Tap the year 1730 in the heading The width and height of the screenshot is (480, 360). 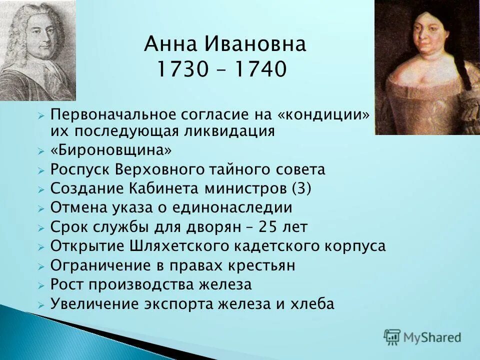(x=182, y=70)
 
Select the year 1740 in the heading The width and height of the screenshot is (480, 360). (x=261, y=70)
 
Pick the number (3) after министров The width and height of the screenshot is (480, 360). (x=301, y=189)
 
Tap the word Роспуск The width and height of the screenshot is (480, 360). (x=81, y=170)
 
